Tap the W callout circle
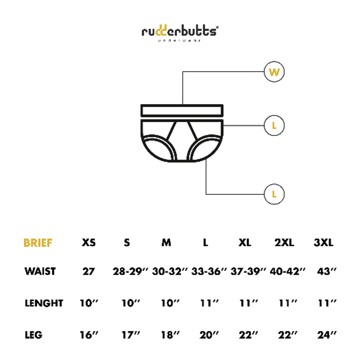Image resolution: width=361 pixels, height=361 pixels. [274, 72]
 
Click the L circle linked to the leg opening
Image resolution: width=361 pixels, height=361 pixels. [274, 194]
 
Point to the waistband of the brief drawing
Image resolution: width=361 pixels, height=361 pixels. [182, 111]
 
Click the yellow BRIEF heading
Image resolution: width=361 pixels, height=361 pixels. [38, 243]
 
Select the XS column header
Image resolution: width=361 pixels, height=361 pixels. [88, 243]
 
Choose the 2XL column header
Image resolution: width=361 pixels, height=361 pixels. [284, 243]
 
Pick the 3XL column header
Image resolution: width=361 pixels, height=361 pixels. [323, 243]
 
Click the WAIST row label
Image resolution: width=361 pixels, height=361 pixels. [40, 271]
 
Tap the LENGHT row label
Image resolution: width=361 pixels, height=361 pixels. [44, 303]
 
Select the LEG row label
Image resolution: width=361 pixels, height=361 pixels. [33, 335]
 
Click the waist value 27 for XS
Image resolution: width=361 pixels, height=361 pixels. [88, 271]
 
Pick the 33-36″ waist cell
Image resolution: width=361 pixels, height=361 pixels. [209, 271]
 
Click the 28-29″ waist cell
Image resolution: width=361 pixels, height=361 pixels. [131, 271]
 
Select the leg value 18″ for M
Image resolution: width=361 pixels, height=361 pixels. [170, 335]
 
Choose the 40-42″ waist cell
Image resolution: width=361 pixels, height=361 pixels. [287, 271]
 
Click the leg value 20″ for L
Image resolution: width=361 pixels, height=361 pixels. [209, 335]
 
